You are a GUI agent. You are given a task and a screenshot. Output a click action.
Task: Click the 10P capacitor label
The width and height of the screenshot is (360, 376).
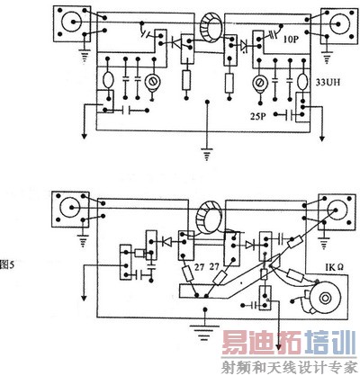point(291,39)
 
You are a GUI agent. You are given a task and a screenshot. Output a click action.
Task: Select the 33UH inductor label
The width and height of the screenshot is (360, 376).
point(328,82)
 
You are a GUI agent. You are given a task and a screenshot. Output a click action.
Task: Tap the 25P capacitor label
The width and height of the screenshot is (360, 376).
point(258,116)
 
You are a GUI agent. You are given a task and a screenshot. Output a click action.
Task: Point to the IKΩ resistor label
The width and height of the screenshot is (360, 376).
point(334,267)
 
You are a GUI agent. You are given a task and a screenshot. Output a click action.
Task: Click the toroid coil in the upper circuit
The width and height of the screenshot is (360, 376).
point(212,28)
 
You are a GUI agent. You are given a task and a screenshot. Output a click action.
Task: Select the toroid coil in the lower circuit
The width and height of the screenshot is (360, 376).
point(209,218)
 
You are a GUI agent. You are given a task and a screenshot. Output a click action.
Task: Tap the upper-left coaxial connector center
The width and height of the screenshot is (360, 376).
point(72,22)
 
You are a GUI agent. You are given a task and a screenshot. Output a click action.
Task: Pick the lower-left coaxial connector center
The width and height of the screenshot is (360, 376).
point(71,208)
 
